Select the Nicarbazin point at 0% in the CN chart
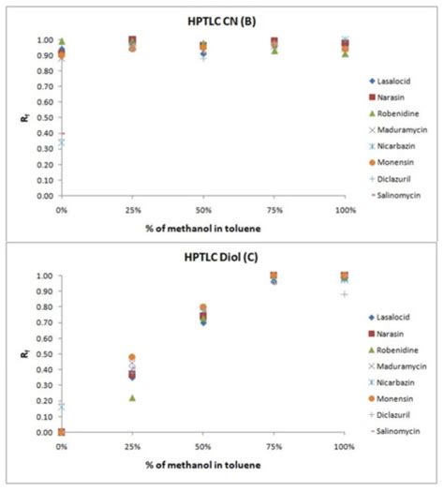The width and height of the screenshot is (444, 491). [x=62, y=142]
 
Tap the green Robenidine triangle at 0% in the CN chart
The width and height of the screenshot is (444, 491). [x=62, y=41]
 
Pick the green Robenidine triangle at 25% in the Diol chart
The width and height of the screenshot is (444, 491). [x=132, y=397]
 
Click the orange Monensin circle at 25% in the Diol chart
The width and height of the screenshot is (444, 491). [x=132, y=357]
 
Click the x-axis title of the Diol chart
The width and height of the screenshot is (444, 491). [x=202, y=463]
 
